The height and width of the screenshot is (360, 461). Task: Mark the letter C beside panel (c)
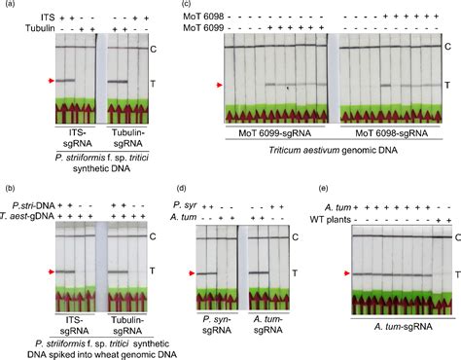coord(447,47)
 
